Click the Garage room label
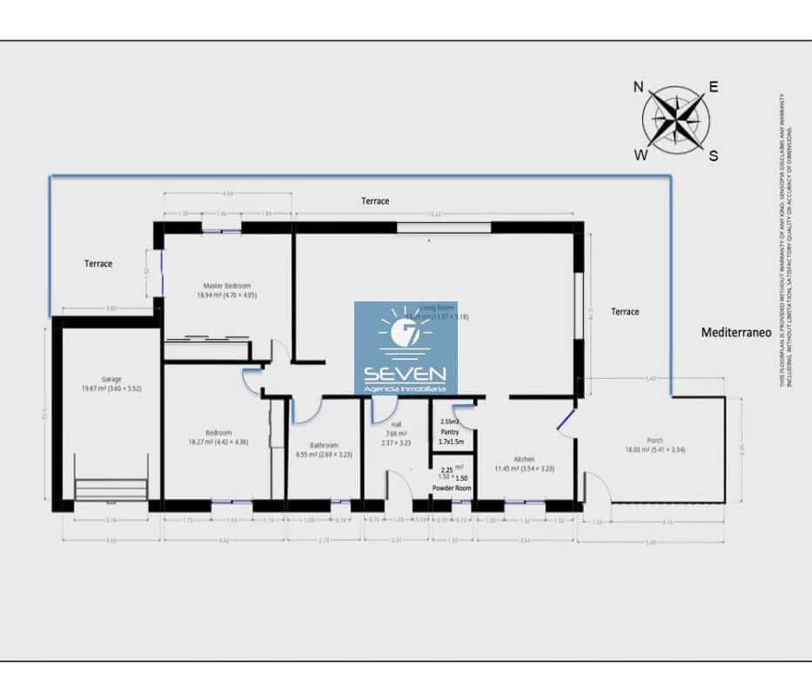[111, 379]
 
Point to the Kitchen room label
[524, 459]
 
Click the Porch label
[655, 440]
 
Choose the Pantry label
[450, 431]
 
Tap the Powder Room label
[452, 489]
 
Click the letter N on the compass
[638, 86]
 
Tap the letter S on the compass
[713, 156]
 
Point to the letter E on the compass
[713, 86]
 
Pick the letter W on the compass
[641, 156]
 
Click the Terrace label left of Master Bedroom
[98, 263]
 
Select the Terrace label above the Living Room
[375, 201]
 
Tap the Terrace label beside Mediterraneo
[625, 311]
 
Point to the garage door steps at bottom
[111, 489]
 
